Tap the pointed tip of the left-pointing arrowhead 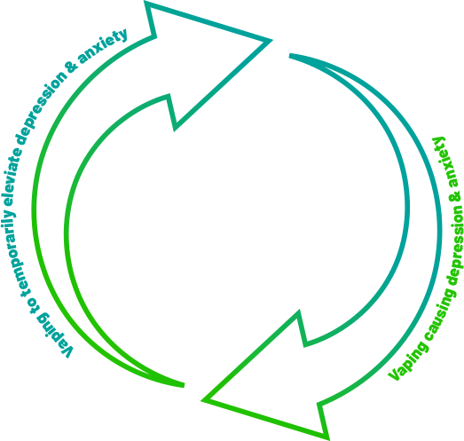(202, 400)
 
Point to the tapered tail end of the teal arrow (290, 56)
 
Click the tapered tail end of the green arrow (184, 385)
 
